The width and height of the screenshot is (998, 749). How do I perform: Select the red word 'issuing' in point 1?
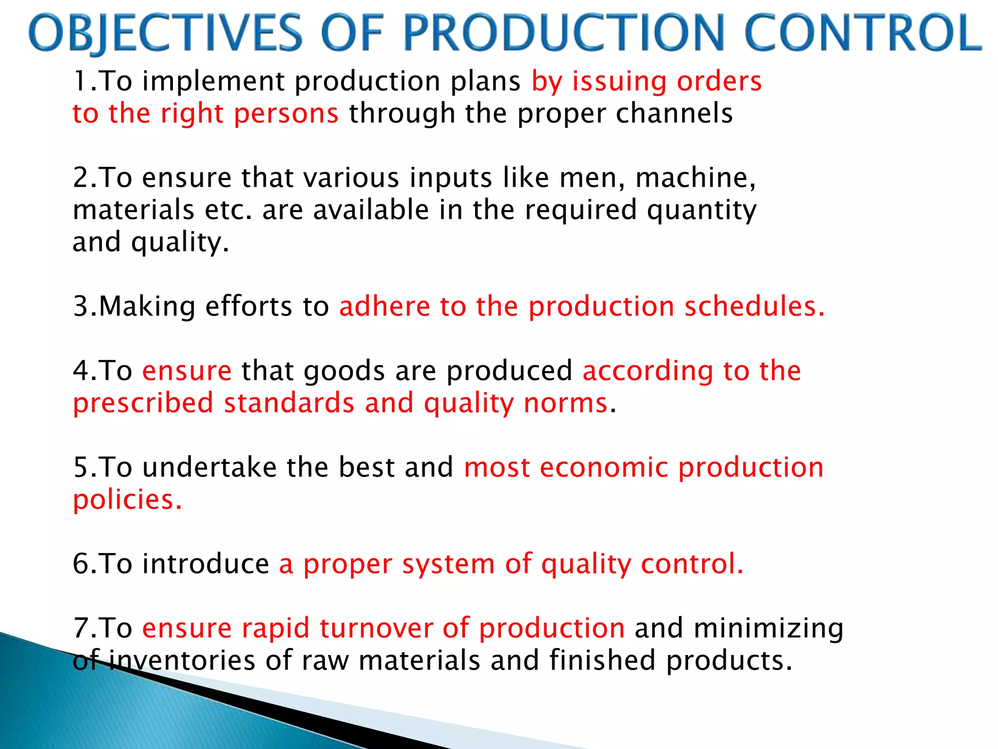coord(619,81)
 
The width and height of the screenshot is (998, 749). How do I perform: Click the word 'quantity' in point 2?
coord(702,210)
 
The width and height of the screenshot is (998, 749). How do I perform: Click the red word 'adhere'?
coord(384,307)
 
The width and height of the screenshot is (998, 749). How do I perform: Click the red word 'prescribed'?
coord(143,403)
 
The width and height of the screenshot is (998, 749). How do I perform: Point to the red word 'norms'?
coord(566,403)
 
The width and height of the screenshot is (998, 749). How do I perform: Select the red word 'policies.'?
coord(127,500)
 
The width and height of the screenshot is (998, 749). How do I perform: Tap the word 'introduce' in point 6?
coord(205,564)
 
